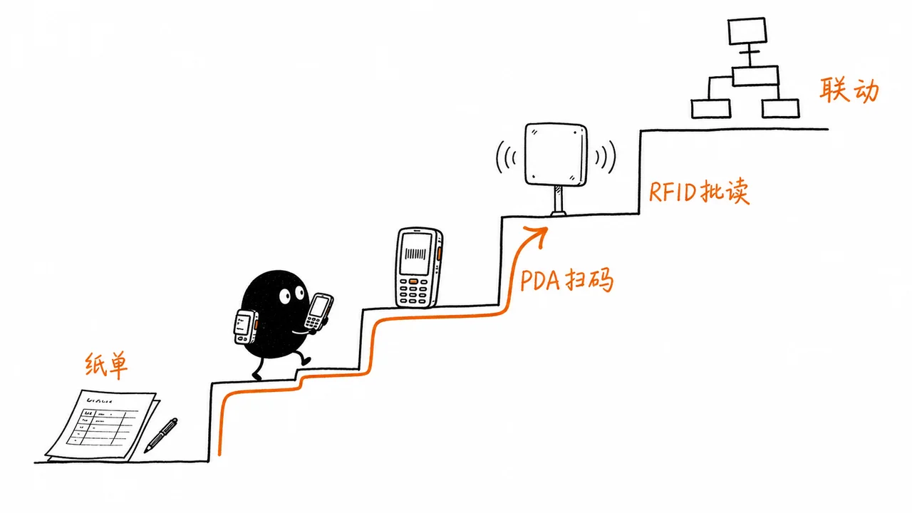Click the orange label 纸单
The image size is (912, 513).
(x=106, y=366)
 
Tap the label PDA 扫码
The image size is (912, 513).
(x=566, y=280)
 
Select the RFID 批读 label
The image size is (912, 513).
(x=699, y=192)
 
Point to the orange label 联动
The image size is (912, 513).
(x=849, y=90)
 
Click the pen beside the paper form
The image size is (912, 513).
(x=161, y=435)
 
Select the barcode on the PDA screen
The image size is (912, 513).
(x=415, y=254)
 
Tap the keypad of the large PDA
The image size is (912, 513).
(x=413, y=291)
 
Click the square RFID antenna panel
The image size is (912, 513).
(x=556, y=155)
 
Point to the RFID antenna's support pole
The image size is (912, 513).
(x=558, y=200)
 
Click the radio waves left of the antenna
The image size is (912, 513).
(x=505, y=157)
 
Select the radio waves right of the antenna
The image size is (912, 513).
(x=606, y=157)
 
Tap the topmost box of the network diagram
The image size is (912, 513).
(x=747, y=31)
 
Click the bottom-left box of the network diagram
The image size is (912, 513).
(x=711, y=109)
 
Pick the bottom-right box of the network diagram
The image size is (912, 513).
(x=780, y=108)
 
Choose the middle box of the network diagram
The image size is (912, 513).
(x=755, y=76)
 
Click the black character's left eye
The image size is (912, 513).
(x=284, y=296)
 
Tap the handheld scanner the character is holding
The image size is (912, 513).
(x=318, y=312)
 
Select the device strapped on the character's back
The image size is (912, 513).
(x=246, y=326)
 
